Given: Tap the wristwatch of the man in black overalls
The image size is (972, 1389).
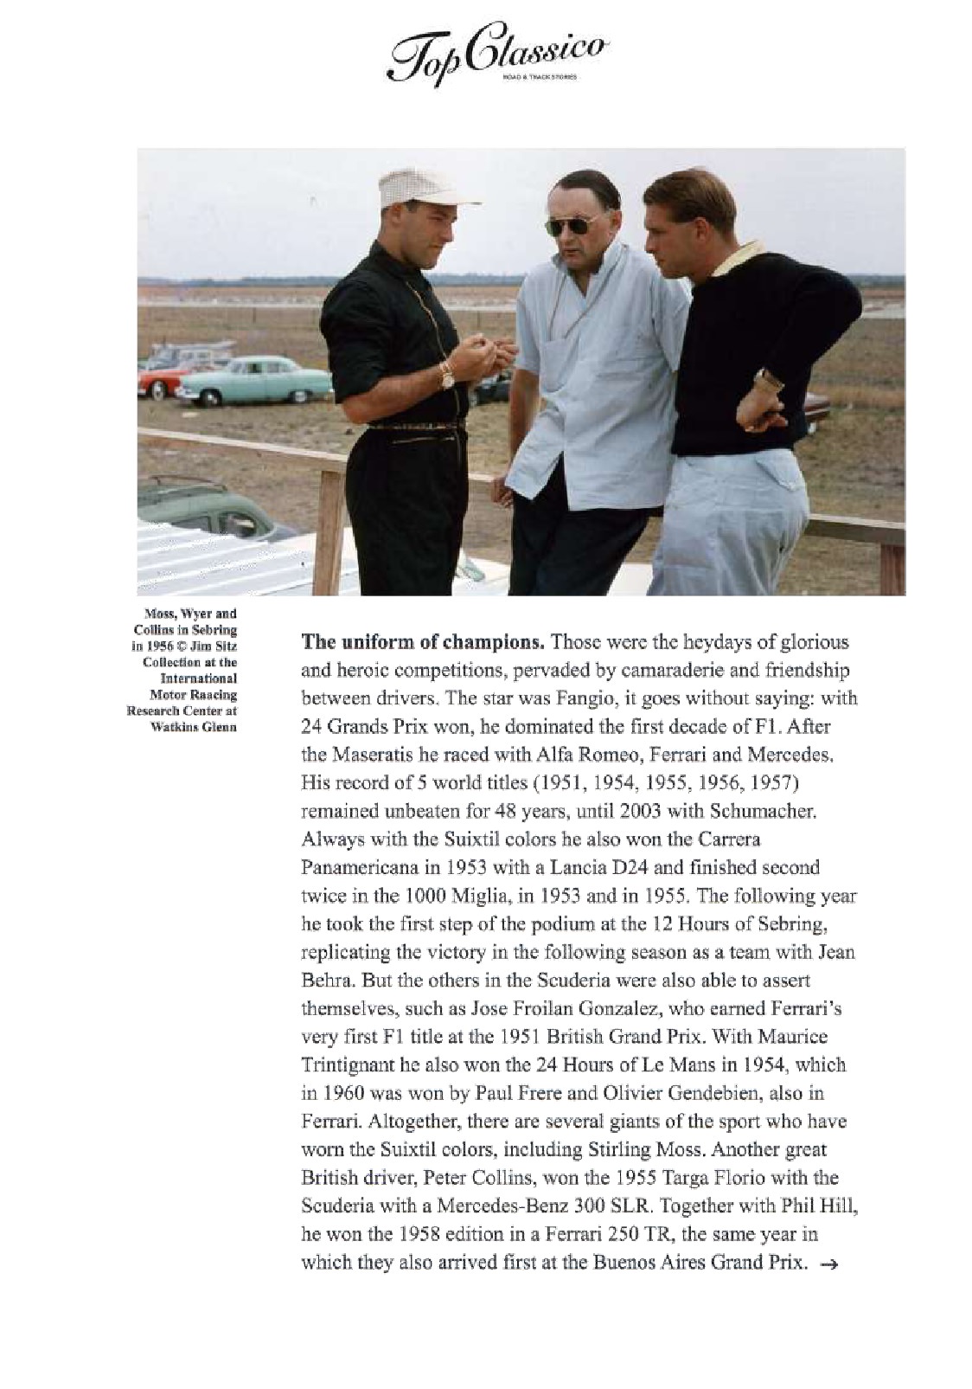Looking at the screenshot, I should point(446,376).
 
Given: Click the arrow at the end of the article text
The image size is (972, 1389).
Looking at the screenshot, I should point(828,1264).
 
